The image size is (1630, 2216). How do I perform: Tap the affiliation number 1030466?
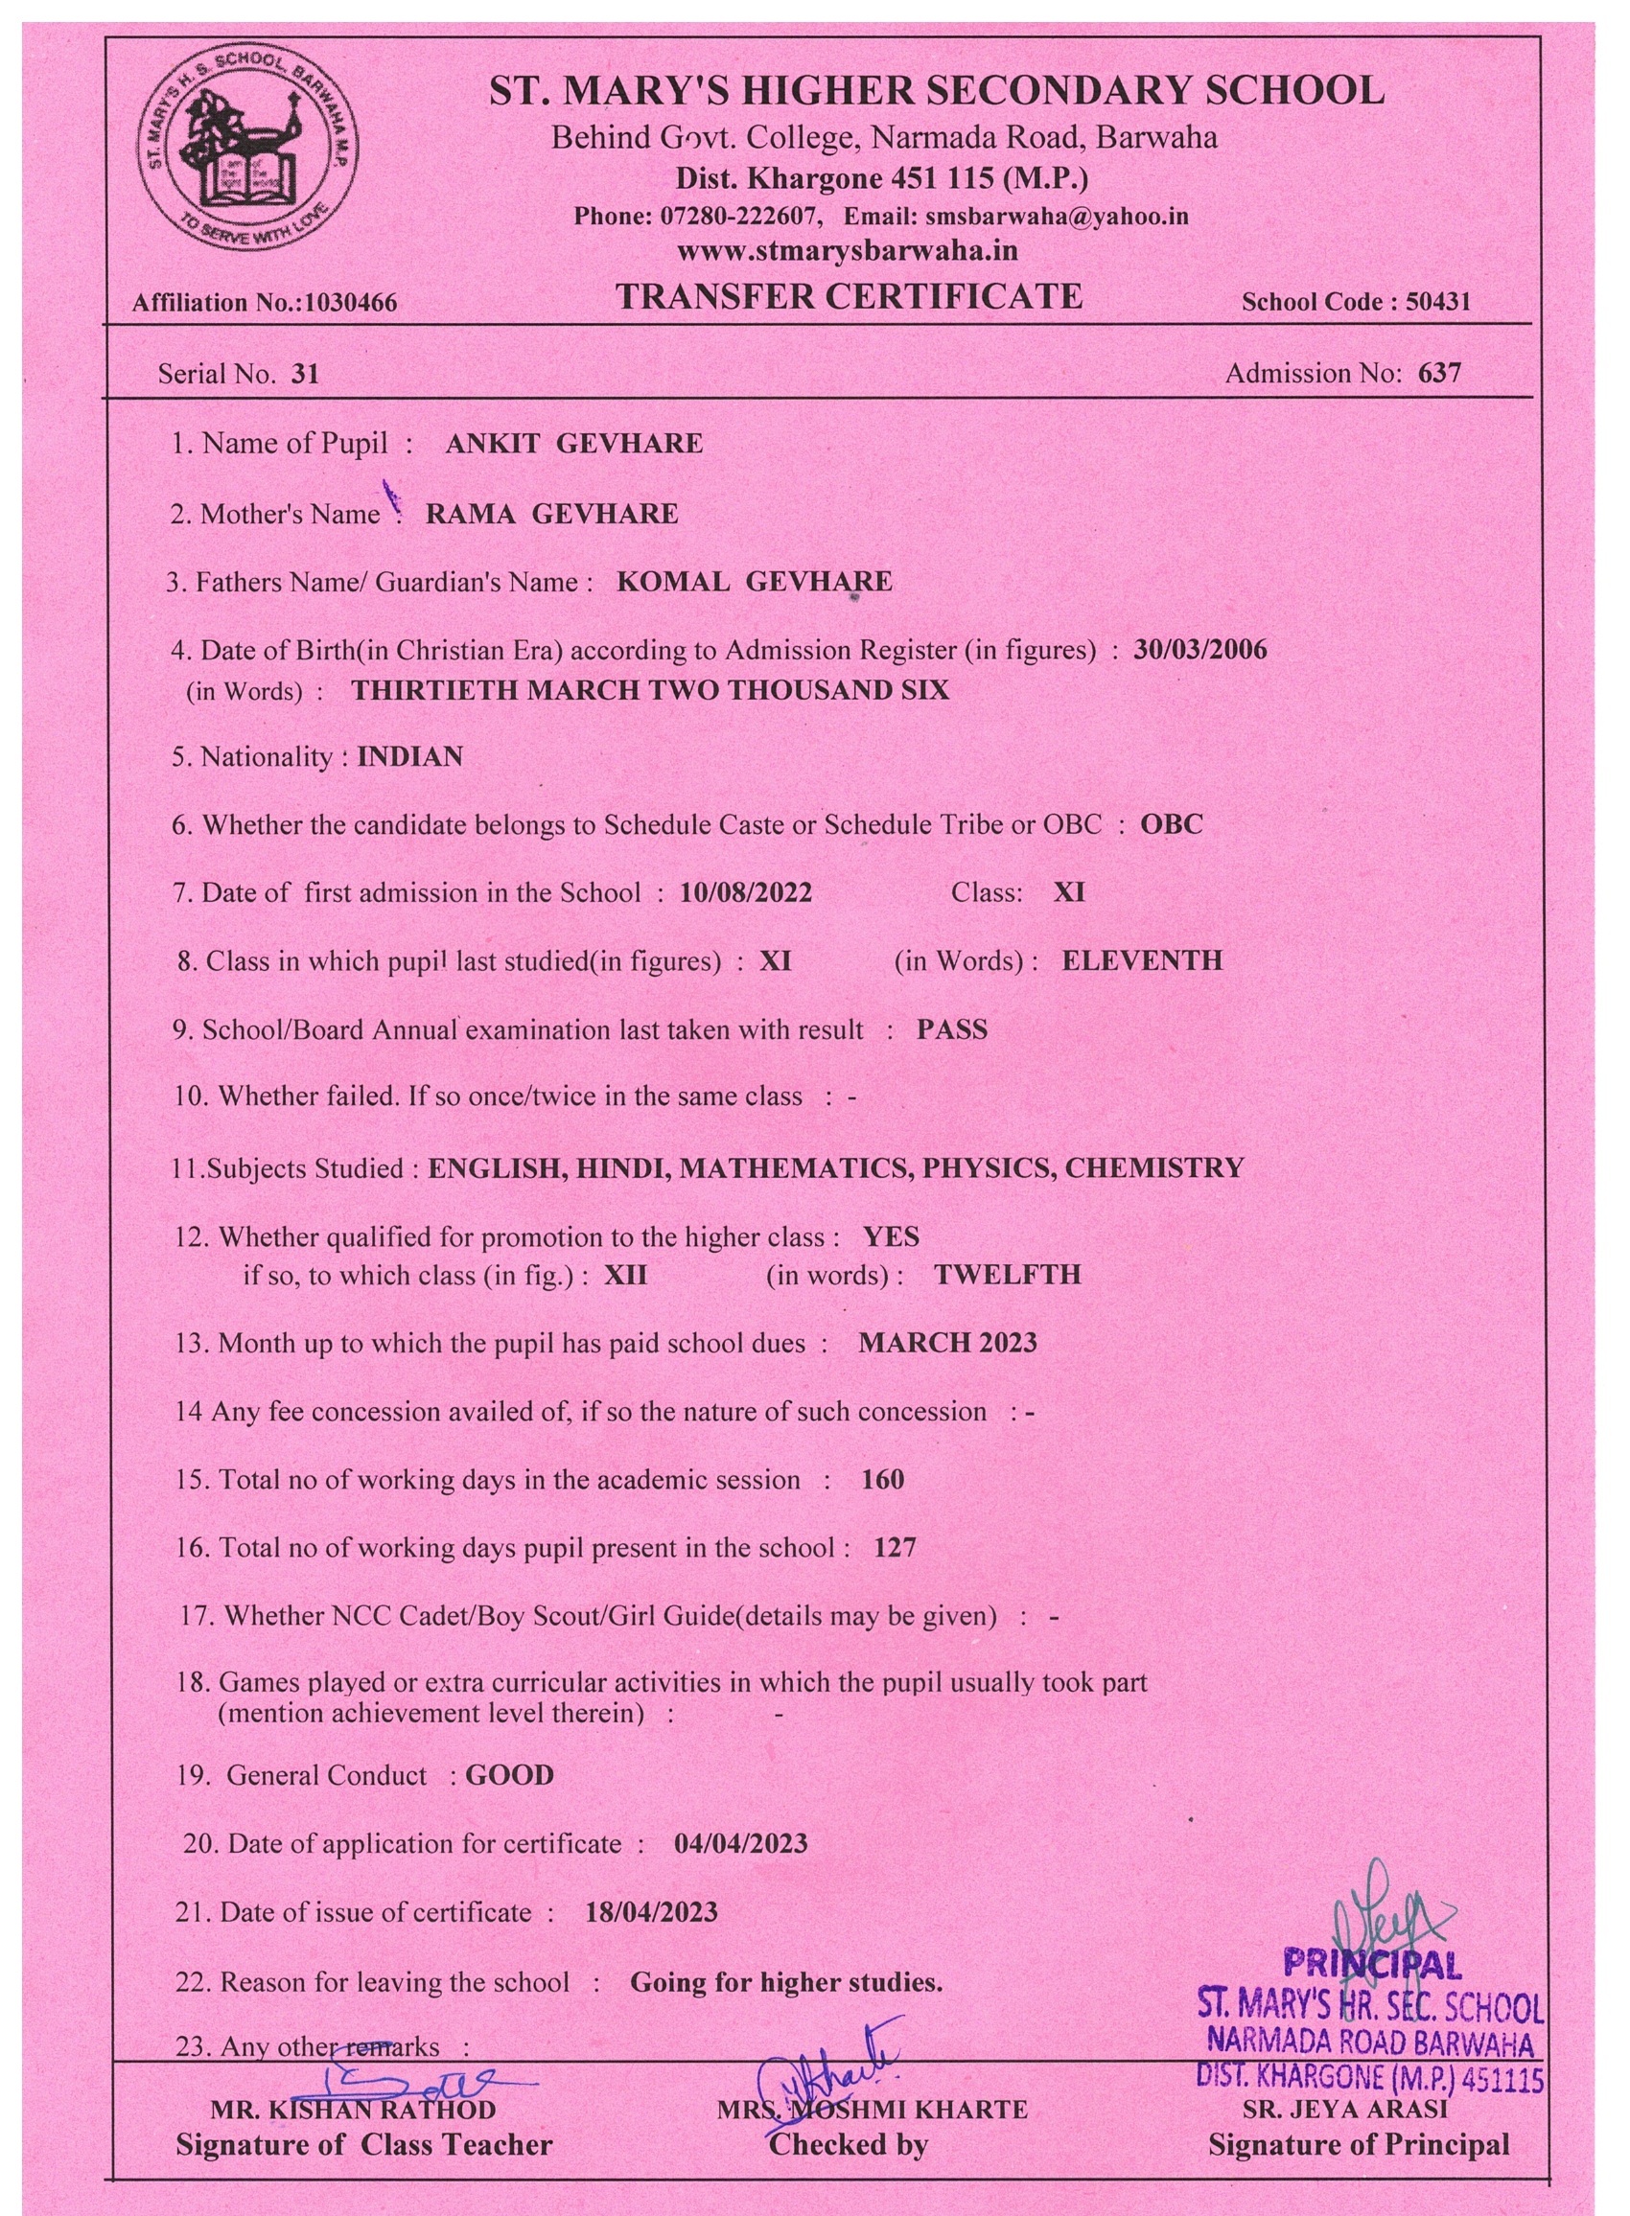350,303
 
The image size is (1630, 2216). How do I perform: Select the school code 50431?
1437,302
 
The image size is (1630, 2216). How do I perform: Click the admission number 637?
1438,373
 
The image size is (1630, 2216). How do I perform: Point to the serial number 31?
306,374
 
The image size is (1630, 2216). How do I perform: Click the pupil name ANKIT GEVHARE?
573,444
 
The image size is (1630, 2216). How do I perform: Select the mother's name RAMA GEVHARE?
551,514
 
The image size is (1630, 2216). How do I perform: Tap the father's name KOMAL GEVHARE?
754,582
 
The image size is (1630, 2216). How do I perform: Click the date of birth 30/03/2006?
1199,650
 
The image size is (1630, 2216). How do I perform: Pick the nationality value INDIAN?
409,756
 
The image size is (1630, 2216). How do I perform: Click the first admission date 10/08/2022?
745,892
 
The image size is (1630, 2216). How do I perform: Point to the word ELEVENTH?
1142,960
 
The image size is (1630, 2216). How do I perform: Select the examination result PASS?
951,1029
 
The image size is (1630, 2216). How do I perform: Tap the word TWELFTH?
1008,1274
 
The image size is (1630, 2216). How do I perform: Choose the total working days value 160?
882,1479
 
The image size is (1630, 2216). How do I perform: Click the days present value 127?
894,1547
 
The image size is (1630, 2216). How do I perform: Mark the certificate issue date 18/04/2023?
651,1912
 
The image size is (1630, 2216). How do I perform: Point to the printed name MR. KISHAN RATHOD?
353,2110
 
